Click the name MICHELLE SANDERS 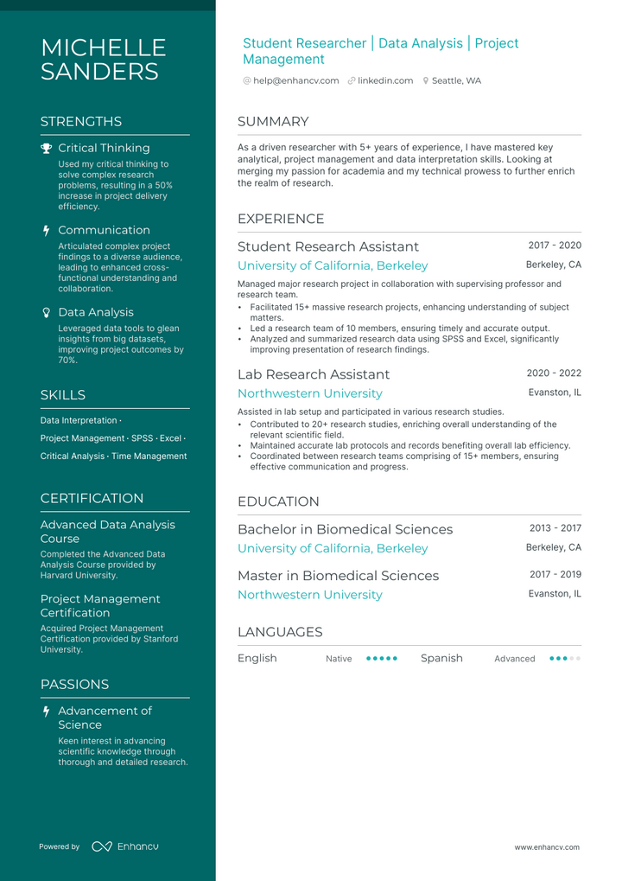103,60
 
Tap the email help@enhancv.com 295,80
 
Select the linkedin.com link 385,80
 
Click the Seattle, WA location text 456,80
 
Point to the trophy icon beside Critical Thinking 46,148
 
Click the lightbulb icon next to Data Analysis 46,312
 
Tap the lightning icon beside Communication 46,230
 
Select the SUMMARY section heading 273,122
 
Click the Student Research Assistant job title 327,246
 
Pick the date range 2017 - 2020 555,246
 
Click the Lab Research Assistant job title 314,374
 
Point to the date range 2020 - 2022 554,373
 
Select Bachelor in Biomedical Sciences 345,529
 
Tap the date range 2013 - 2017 555,528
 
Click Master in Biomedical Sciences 338,576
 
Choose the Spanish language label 441,658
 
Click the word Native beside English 339,659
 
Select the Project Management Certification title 100,605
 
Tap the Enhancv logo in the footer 125,846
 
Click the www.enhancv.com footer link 547,847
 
